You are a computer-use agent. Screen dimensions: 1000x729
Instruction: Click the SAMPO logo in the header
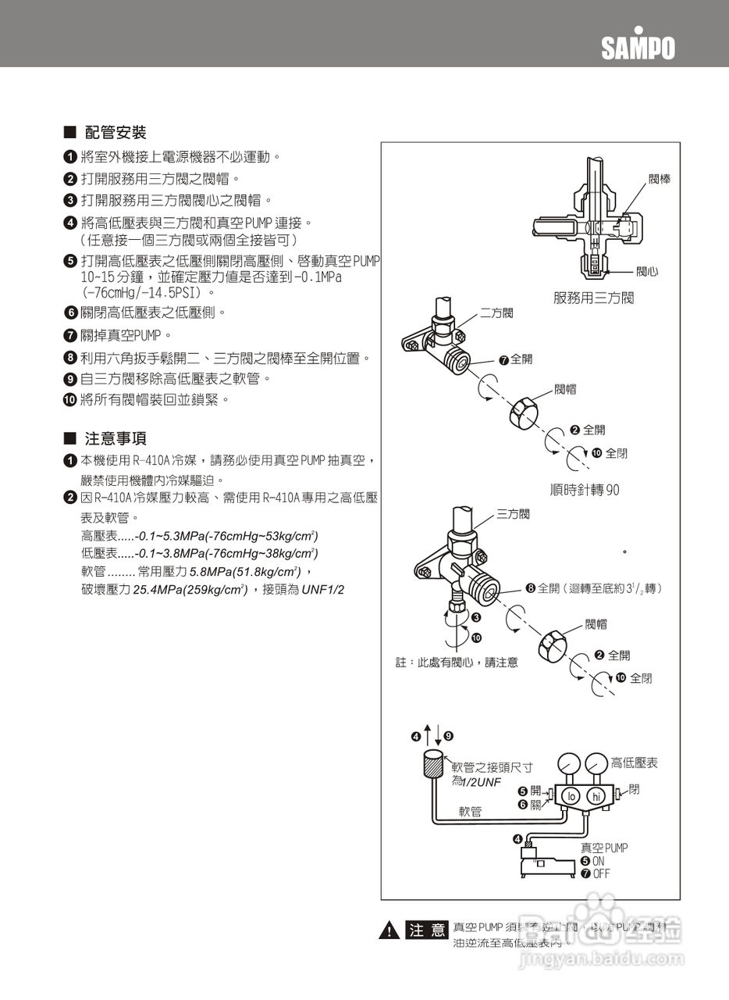pyautogui.click(x=637, y=46)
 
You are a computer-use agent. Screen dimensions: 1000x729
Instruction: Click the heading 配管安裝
pyautogui.click(x=116, y=133)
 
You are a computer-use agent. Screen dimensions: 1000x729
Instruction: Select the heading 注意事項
pyautogui.click(x=116, y=438)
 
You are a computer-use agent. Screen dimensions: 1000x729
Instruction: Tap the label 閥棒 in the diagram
pyautogui.click(x=660, y=180)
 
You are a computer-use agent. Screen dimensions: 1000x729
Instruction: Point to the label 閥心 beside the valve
pyautogui.click(x=646, y=271)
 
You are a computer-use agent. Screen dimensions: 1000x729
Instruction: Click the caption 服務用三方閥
pyautogui.click(x=593, y=298)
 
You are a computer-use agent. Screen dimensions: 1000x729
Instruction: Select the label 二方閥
pyautogui.click(x=496, y=313)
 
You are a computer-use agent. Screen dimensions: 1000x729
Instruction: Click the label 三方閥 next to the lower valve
pyautogui.click(x=513, y=514)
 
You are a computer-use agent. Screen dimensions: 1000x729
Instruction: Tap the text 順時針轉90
pyautogui.click(x=585, y=490)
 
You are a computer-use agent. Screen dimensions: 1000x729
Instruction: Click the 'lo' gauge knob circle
pyautogui.click(x=571, y=796)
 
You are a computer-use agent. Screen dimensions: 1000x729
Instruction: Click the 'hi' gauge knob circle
pyautogui.click(x=597, y=796)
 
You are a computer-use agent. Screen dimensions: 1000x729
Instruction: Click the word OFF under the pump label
pyautogui.click(x=601, y=874)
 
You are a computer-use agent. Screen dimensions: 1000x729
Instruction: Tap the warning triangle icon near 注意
pyautogui.click(x=388, y=930)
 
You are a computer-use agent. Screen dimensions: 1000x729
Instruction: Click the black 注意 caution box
pyautogui.click(x=427, y=930)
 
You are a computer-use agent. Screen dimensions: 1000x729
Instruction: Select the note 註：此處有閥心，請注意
pyautogui.click(x=457, y=662)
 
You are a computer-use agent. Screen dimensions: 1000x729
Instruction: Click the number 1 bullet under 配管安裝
pyautogui.click(x=70, y=158)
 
